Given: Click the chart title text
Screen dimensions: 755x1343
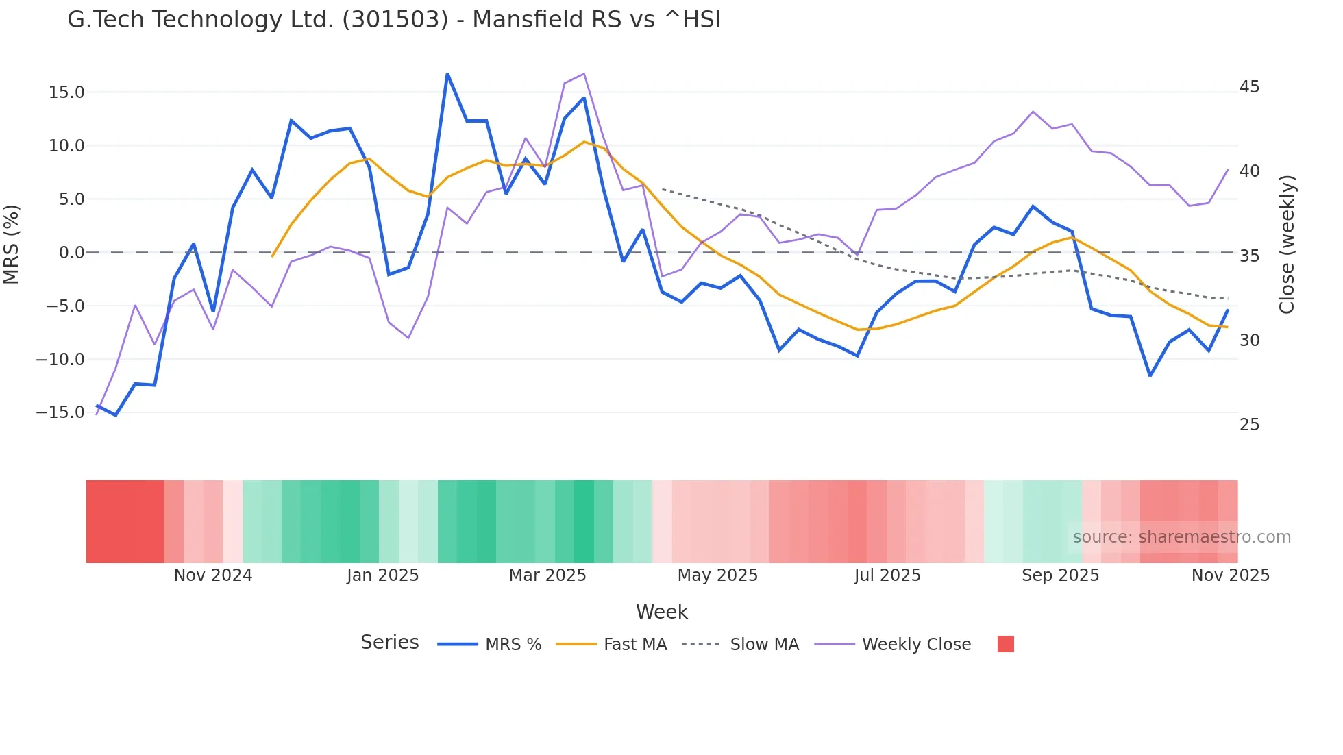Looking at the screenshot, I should click(x=394, y=20).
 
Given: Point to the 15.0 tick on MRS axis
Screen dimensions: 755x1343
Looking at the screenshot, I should click(x=66, y=92).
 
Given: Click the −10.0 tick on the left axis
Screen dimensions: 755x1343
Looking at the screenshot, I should click(x=60, y=359).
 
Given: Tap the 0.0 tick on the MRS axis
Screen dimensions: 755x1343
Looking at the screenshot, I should click(x=71, y=253).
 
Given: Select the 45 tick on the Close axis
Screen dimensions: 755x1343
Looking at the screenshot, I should click(x=1249, y=87).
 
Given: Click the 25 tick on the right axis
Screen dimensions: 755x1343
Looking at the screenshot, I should click(x=1249, y=425).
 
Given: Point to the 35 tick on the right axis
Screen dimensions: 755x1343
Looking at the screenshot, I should click(x=1249, y=256).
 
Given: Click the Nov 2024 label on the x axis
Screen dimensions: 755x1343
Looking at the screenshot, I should click(x=213, y=575).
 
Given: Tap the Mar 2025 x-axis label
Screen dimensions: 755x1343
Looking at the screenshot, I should click(x=547, y=575).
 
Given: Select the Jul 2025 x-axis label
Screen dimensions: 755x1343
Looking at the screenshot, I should click(x=887, y=575).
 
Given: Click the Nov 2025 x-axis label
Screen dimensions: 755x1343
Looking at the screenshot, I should click(x=1230, y=575).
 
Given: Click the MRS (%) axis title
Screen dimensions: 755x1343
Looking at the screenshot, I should click(x=12, y=245).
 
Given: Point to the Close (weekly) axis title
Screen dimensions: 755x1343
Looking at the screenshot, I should click(x=1287, y=245).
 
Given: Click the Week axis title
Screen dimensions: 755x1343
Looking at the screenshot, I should click(x=662, y=612).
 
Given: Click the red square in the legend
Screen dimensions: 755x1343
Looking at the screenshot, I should click(x=1005, y=644).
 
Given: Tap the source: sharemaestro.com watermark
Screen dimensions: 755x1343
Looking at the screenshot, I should click(x=1181, y=537).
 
